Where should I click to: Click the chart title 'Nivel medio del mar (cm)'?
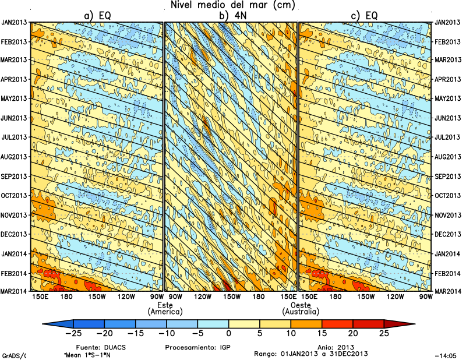(x=233, y=5)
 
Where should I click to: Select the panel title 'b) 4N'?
(x=231, y=16)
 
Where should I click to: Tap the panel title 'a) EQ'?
(x=98, y=16)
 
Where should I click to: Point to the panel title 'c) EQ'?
(x=365, y=16)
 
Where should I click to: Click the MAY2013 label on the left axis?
(x=15, y=98)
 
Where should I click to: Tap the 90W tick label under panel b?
(x=174, y=297)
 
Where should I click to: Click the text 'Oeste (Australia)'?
(x=300, y=309)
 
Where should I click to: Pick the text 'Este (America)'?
(x=165, y=309)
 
